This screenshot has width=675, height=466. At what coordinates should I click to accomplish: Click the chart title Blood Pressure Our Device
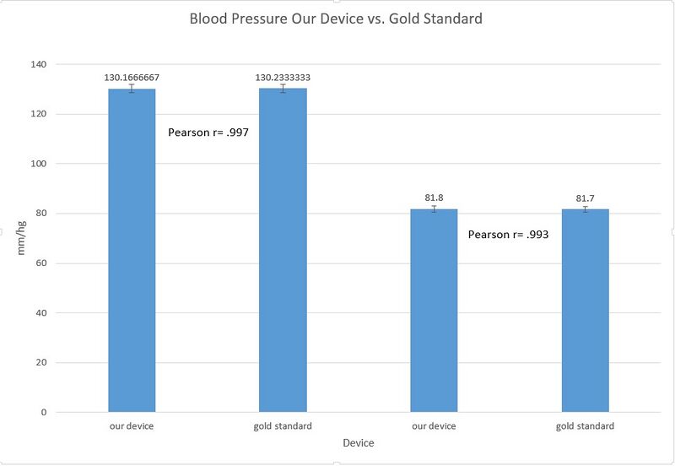coord(336,18)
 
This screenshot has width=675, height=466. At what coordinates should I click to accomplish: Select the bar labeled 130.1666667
coord(132,253)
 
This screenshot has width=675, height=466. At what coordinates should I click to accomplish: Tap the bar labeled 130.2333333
coord(283,253)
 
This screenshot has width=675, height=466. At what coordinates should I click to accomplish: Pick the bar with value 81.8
coord(434,312)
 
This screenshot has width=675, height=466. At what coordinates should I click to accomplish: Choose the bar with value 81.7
coord(585,312)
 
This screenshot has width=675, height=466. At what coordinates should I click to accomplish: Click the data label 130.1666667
coord(132,78)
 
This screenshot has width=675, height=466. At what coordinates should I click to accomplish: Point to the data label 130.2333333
coord(283,78)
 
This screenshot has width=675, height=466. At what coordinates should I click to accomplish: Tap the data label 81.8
coord(434,198)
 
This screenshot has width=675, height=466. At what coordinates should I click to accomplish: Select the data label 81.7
coord(585,198)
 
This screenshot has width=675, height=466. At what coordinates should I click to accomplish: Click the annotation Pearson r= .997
coord(208,133)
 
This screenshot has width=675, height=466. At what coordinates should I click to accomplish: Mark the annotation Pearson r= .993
coord(509,235)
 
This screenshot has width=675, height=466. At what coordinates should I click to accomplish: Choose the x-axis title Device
coord(358,443)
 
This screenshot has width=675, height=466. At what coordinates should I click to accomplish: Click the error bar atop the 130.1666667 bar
coord(132,89)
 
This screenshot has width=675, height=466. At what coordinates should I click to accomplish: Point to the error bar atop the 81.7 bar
coord(585,209)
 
